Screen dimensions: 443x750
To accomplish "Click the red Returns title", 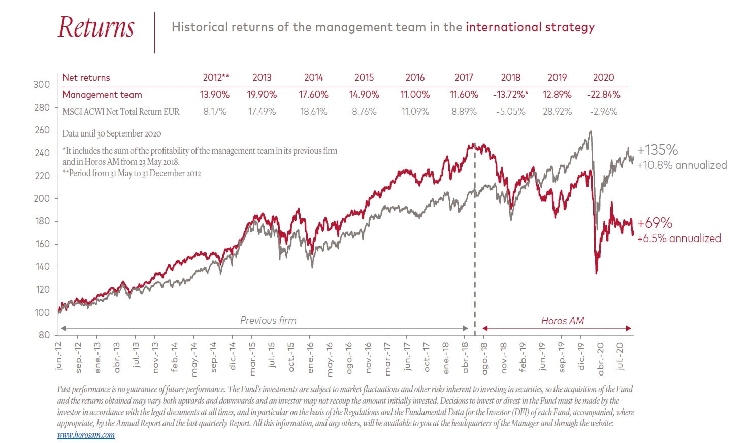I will (x=96, y=27).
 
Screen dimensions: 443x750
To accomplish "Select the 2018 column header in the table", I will (x=510, y=78).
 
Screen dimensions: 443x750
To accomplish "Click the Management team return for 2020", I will (x=603, y=95).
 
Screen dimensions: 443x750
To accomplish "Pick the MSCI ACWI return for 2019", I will (x=557, y=112).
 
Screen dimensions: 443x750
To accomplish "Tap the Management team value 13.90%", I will (x=215, y=95).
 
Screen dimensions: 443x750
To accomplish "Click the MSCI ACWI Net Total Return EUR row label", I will (x=121, y=112).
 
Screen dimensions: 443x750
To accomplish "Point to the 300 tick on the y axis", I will (x=42, y=85).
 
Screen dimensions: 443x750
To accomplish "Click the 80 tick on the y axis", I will (x=44, y=335).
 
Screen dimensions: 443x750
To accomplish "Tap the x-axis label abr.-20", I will (x=601, y=358).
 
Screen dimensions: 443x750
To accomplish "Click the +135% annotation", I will (x=658, y=150).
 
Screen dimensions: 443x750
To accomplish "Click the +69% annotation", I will (x=655, y=223).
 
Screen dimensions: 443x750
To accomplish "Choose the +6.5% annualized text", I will (x=679, y=238).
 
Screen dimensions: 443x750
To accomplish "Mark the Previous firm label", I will (x=268, y=321).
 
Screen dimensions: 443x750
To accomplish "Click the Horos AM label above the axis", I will (x=562, y=321).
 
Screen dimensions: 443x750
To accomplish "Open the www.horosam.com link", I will (x=86, y=435).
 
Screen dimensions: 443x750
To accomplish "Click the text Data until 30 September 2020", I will (x=112, y=134).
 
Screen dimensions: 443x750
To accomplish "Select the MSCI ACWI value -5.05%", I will (x=510, y=112).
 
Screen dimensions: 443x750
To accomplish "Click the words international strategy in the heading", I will (x=530, y=27).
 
